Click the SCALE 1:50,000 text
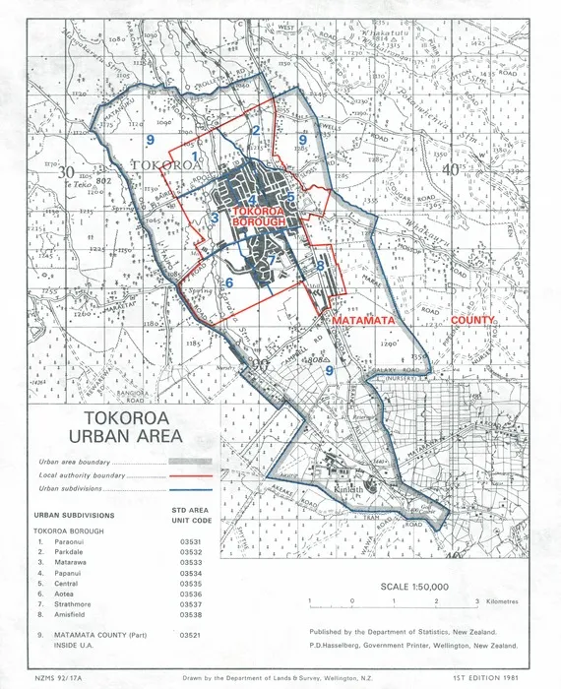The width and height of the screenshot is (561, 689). [x=413, y=587]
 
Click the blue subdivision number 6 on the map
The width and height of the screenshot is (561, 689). [x=228, y=283]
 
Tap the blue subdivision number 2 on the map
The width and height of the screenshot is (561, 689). [x=255, y=129]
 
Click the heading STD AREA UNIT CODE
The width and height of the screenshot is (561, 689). [x=190, y=515]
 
